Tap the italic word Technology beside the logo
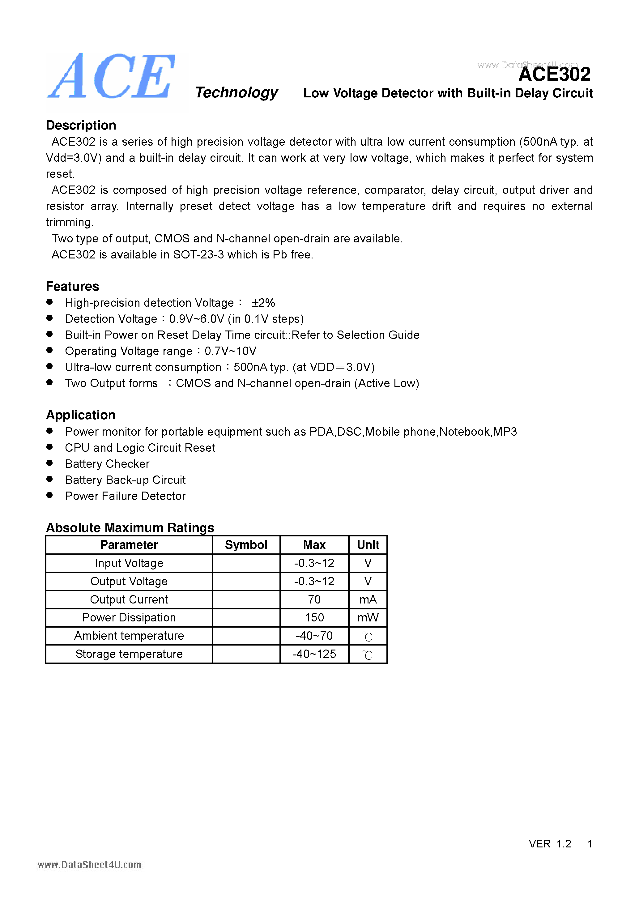pyautogui.click(x=236, y=92)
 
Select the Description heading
pyautogui.click(x=81, y=125)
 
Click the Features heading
pyautogui.click(x=72, y=286)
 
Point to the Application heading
pyautogui.click(x=81, y=415)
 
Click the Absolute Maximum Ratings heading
pyautogui.click(x=130, y=528)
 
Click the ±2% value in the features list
pyautogui.click(x=263, y=303)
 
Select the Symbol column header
pyautogui.click(x=246, y=545)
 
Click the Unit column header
pyautogui.click(x=368, y=545)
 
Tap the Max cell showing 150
pyautogui.click(x=314, y=618)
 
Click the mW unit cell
pyautogui.click(x=368, y=618)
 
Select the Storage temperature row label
pyautogui.click(x=129, y=654)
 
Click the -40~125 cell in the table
pyautogui.click(x=314, y=654)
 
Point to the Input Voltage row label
pyautogui.click(x=129, y=563)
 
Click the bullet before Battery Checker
pyautogui.click(x=49, y=463)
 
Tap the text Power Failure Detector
pyautogui.click(x=125, y=496)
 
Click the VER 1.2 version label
pyautogui.click(x=550, y=844)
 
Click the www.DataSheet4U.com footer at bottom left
pyautogui.click(x=89, y=865)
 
